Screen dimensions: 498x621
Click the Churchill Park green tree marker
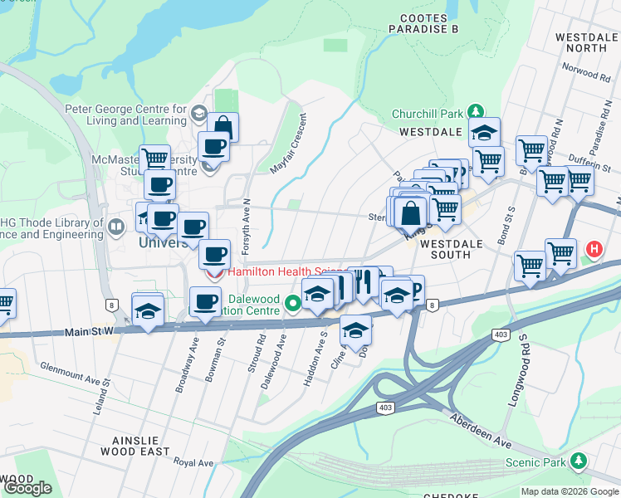pos(475,111)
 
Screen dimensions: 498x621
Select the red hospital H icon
pos(594,248)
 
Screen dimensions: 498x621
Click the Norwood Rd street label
pos(586,76)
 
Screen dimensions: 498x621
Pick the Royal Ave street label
pos(193,463)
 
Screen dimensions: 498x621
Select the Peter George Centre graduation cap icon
pos(198,112)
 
